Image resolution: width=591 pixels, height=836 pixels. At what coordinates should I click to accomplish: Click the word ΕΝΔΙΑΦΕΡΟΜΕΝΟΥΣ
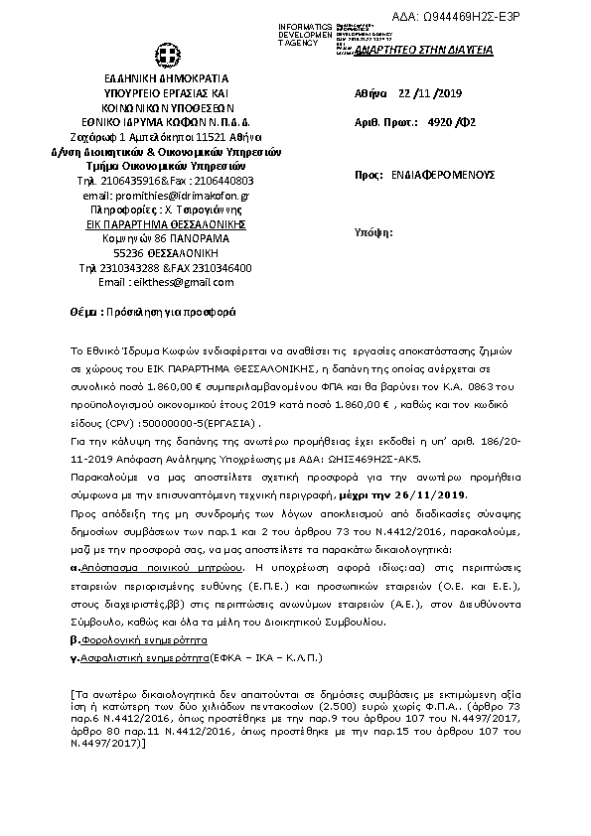[445, 175]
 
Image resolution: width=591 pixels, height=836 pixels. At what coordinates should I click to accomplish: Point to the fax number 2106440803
[223, 181]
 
